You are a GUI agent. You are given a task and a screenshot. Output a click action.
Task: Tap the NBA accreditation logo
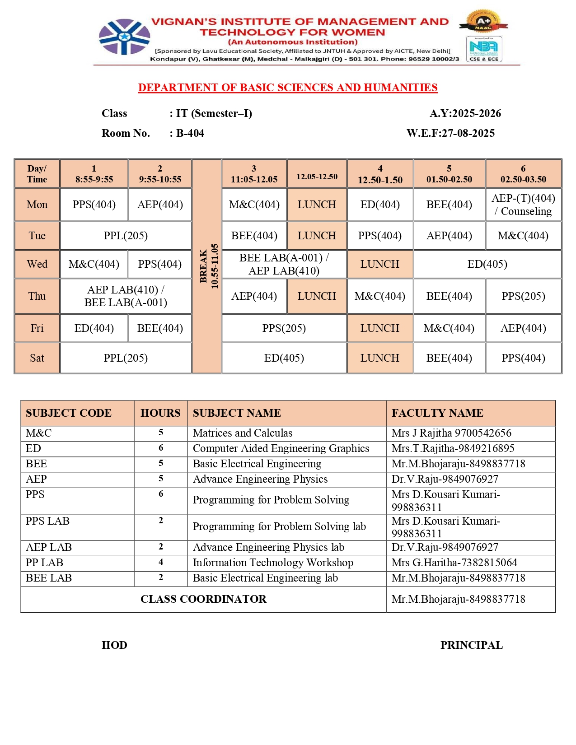[x=484, y=49]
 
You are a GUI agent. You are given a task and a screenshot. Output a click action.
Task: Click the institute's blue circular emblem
[x=124, y=37]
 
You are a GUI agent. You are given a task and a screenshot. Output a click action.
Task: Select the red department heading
[x=288, y=88]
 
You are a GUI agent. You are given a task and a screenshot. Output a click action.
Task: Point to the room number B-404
[x=190, y=133]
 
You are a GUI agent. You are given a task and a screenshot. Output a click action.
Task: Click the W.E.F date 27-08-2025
[x=450, y=133]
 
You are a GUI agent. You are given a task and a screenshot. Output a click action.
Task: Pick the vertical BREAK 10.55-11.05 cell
[x=207, y=266]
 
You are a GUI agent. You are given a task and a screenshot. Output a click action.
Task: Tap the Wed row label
[x=37, y=264]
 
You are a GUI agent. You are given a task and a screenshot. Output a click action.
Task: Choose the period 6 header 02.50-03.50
[x=523, y=174]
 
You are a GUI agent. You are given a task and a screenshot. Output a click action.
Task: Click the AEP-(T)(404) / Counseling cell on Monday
[x=523, y=205]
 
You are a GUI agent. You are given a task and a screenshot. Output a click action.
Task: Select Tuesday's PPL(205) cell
[x=126, y=236]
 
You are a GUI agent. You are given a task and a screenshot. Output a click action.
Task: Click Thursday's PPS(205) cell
[x=523, y=296]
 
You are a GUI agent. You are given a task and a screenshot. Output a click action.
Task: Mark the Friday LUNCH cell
[x=379, y=328]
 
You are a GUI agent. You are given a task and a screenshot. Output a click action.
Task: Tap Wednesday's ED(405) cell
[x=487, y=264]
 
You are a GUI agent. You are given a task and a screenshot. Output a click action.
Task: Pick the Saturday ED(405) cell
[x=284, y=358]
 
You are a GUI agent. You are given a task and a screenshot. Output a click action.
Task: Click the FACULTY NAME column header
[x=437, y=413]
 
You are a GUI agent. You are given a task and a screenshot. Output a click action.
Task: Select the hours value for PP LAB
[x=161, y=562]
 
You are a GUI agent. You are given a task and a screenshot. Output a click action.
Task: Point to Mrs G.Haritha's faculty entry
[x=454, y=563]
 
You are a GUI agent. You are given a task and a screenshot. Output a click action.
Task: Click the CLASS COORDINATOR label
[x=203, y=599]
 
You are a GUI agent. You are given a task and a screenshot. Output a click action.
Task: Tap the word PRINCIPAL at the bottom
[x=471, y=645]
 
